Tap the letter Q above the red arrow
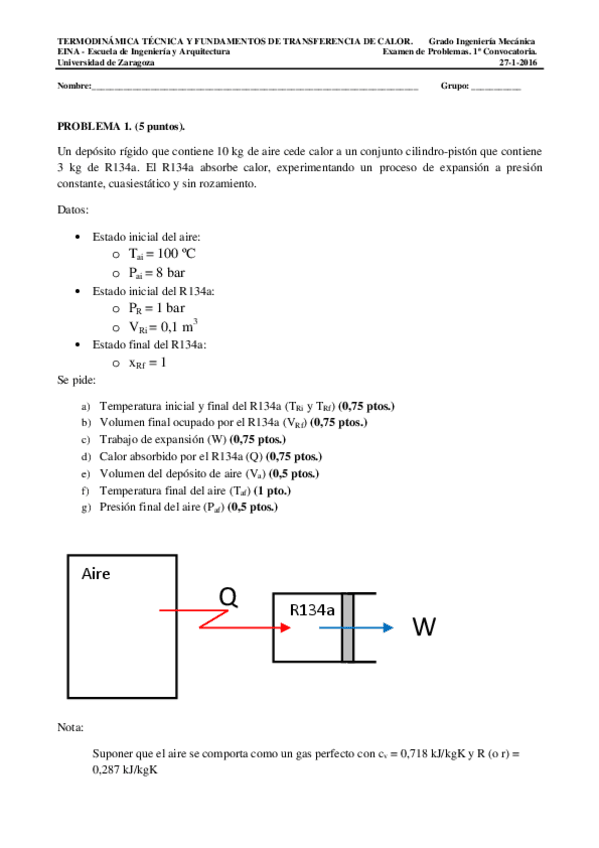point(229,597)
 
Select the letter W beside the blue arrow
point(423,627)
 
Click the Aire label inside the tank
point(95,574)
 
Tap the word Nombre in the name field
point(74,86)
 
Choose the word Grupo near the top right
point(454,86)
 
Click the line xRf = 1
point(146,362)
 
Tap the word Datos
point(73,210)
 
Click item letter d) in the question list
point(87,456)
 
